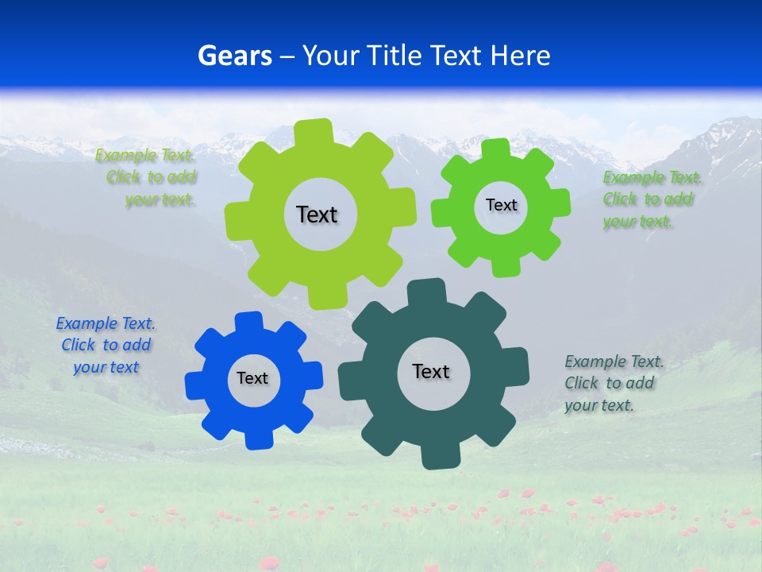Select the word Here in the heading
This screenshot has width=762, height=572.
(x=520, y=56)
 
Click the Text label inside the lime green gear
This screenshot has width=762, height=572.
(x=317, y=214)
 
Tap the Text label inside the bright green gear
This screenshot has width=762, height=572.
(x=501, y=205)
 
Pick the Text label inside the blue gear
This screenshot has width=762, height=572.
(x=252, y=378)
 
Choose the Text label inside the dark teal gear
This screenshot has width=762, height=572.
(x=431, y=371)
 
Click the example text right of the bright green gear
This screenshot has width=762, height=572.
(x=649, y=199)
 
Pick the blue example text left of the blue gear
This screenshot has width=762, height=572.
(x=106, y=345)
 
